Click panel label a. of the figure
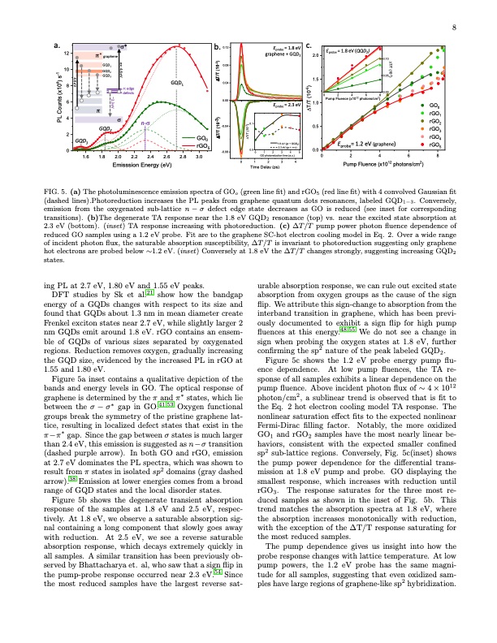(x=55, y=44)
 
